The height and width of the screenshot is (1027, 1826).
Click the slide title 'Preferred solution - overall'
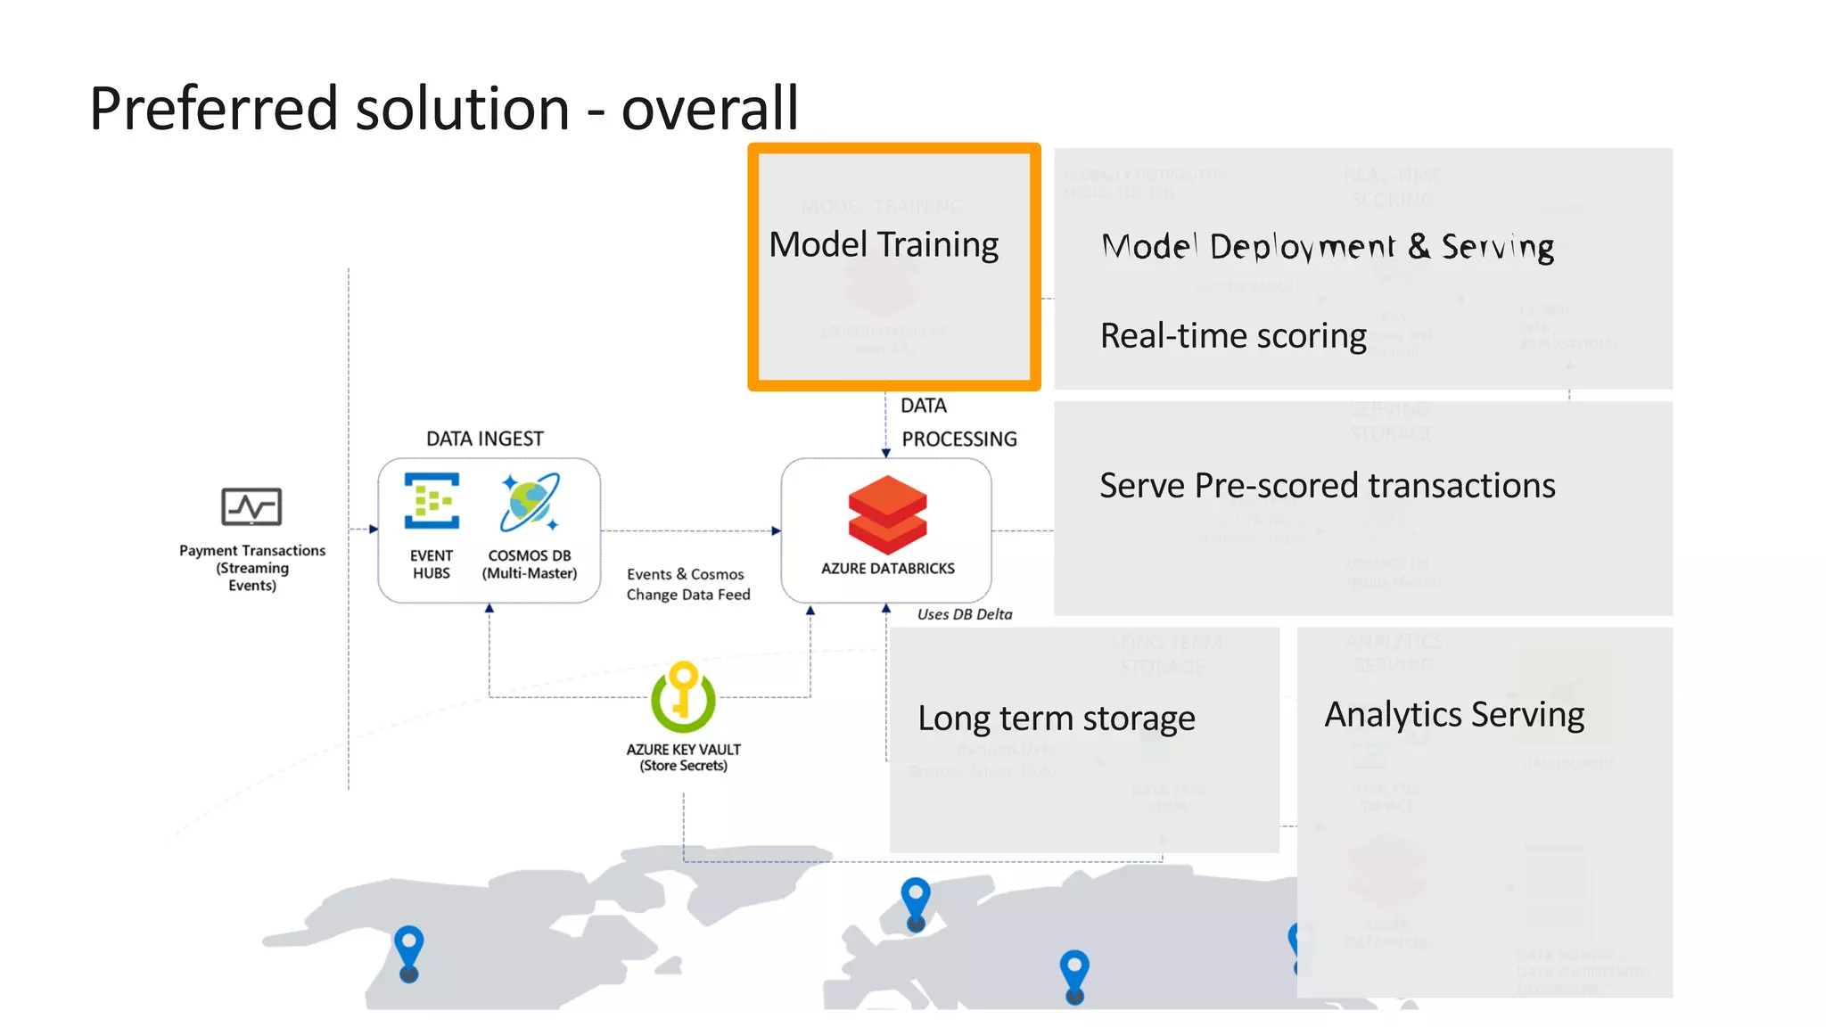tap(443, 109)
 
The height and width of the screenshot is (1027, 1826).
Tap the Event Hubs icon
tap(432, 501)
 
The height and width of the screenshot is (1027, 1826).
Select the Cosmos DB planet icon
tap(530, 502)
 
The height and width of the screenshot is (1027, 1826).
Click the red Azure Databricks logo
tap(887, 514)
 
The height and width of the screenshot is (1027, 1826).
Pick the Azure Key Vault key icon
tap(683, 697)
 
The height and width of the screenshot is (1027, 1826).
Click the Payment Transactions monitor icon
tap(251, 507)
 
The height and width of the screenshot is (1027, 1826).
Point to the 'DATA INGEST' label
tap(484, 439)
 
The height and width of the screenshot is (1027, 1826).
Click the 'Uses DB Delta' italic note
tap(965, 614)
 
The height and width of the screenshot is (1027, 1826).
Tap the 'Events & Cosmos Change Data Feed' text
tap(687, 585)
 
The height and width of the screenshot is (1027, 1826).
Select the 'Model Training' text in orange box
tap(884, 244)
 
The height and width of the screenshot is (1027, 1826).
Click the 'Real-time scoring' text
tap(1233, 336)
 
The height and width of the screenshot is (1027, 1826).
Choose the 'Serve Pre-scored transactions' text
tap(1327, 486)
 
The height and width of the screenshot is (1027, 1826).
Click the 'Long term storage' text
tap(1057, 719)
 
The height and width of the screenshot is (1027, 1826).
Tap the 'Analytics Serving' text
tap(1454, 715)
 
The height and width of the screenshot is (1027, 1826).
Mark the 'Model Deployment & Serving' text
tap(1328, 247)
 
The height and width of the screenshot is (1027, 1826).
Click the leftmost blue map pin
tap(409, 952)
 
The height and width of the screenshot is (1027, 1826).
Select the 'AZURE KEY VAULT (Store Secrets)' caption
tap(683, 758)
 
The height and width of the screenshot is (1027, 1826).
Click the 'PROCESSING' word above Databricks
tap(958, 439)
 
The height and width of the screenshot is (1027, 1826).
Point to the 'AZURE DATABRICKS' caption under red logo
tap(887, 569)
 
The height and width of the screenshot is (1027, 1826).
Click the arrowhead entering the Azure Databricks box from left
tap(776, 531)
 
